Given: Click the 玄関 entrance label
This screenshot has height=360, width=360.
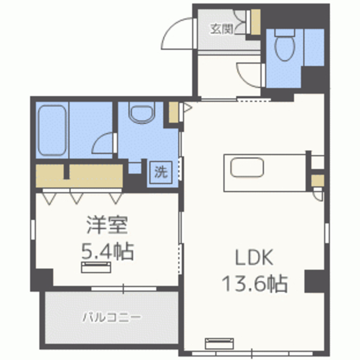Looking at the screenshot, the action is pos(222,29).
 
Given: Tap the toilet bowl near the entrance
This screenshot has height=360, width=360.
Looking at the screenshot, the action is pos(285,46).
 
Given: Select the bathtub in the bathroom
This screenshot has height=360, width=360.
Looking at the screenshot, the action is pos(52,130).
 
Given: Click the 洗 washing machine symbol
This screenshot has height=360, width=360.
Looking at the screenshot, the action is pos(161,172).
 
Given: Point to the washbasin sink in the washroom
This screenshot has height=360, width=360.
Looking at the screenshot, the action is pos(142,112).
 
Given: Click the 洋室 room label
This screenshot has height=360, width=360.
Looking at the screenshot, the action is pos(107,225).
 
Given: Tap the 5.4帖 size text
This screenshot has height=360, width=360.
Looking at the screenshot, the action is pos(107,251).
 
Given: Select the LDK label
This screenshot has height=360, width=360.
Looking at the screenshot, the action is pos(254,257).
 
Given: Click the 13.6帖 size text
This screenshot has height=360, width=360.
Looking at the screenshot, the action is pos(254,283).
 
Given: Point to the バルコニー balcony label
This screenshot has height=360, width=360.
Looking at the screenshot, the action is pos(111,317).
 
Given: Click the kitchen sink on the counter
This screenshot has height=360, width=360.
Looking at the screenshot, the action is pos(247,168).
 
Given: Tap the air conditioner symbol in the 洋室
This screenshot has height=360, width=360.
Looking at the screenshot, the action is pos(96,268).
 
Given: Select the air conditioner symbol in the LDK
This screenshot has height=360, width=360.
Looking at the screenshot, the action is pos(219,343).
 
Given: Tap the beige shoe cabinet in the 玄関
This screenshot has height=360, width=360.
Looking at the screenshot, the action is pos(255,22).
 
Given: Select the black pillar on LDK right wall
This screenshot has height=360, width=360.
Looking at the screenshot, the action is pos(314,281).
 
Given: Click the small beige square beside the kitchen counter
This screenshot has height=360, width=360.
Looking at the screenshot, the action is pos(318,181).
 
